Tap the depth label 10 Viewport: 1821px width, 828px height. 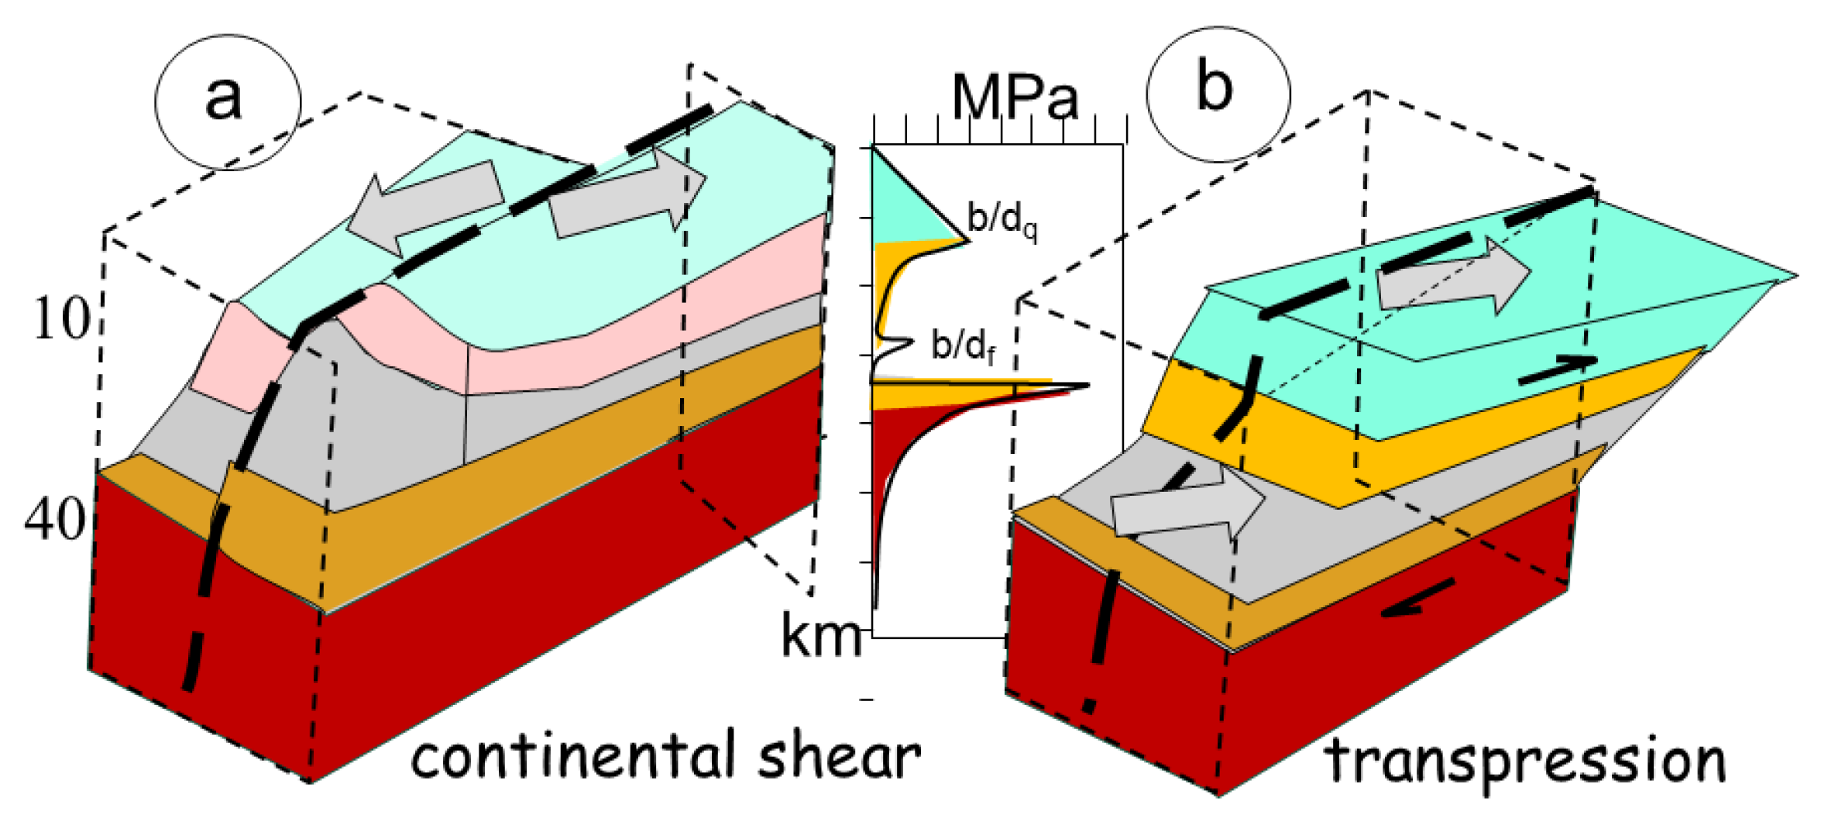(61, 318)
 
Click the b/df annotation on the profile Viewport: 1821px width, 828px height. (963, 345)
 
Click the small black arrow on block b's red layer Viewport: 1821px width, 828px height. (1417, 600)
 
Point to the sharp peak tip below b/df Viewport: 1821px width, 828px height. (1087, 385)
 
